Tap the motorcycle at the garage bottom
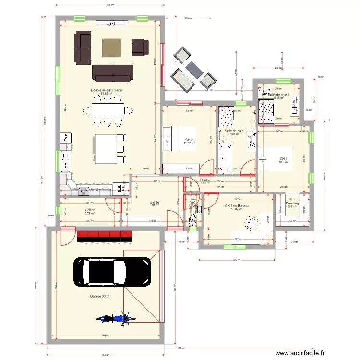click(114, 318)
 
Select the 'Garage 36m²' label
click(100, 297)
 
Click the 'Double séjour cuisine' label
click(107, 90)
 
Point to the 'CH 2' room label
click(188, 140)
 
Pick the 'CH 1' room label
click(284, 159)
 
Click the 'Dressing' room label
click(292, 204)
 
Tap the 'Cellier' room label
click(90, 210)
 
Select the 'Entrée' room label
click(155, 203)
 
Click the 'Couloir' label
click(205, 180)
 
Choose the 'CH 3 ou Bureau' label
click(237, 206)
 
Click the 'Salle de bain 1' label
click(279, 95)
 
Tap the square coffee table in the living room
click(112, 48)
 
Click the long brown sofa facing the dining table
click(112, 72)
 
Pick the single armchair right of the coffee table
click(139, 47)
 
